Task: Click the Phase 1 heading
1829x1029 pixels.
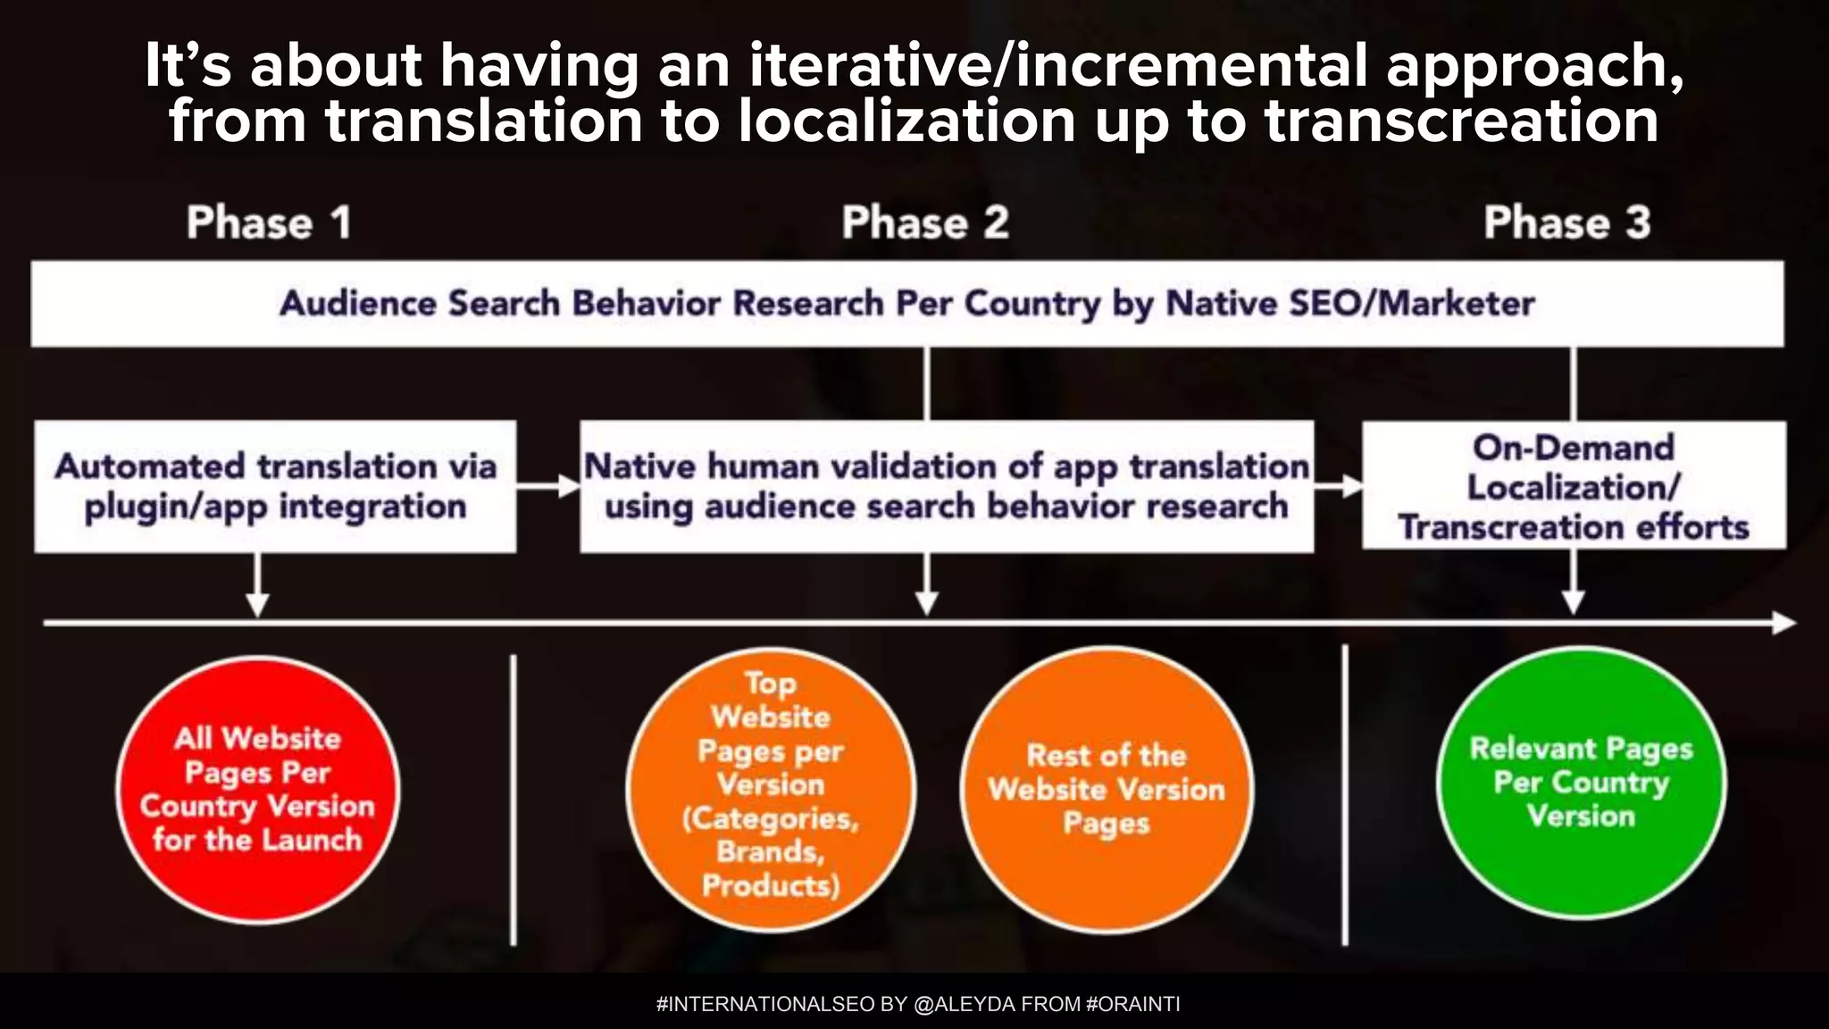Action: click(269, 222)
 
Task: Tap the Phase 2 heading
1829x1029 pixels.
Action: click(925, 222)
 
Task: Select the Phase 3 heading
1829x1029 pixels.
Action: click(1566, 222)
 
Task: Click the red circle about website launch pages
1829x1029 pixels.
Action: click(258, 790)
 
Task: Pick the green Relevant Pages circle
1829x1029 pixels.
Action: click(1581, 782)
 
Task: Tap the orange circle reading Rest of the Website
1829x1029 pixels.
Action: click(1106, 790)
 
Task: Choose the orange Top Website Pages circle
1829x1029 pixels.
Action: click(771, 790)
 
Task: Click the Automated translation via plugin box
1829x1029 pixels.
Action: click(275, 487)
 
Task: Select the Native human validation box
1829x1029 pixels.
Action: click(947, 487)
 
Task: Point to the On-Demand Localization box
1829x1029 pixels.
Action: click(1574, 487)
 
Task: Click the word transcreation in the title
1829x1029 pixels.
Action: click(1461, 122)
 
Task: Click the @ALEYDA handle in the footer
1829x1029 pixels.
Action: click(964, 1004)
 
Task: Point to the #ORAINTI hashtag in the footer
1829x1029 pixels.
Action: click(1132, 1004)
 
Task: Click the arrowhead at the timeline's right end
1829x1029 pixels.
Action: click(1784, 623)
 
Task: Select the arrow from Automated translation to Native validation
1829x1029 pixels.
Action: click(547, 487)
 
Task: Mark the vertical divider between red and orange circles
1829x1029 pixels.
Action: click(514, 799)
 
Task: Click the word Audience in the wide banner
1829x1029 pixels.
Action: click(358, 304)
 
